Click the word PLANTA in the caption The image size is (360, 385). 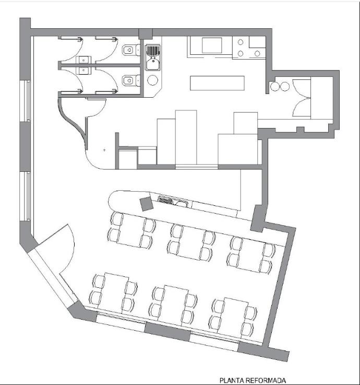pyautogui.click(x=231, y=381)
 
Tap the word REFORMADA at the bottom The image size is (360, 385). pyautogui.click(x=266, y=381)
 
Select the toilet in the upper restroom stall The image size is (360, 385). pyautogui.click(x=131, y=50)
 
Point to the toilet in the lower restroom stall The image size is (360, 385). pyautogui.click(x=131, y=80)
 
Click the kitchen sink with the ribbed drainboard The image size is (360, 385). pyautogui.click(x=152, y=57)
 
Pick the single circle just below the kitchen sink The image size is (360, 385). pyautogui.click(x=152, y=80)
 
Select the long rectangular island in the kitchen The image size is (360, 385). pyautogui.click(x=217, y=83)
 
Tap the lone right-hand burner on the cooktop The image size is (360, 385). pyautogui.click(x=257, y=53)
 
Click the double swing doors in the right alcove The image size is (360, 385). pyautogui.click(x=302, y=98)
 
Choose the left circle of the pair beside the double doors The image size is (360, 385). pyautogui.click(x=275, y=86)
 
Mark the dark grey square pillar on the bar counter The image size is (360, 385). pyautogui.click(x=147, y=204)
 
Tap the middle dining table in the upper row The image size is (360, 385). pyautogui.click(x=192, y=242)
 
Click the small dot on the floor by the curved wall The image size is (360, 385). pyautogui.click(x=104, y=149)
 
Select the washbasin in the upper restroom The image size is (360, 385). pyautogui.click(x=83, y=60)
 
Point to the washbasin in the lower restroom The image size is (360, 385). pyautogui.click(x=83, y=71)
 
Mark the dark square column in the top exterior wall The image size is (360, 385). pyautogui.click(x=146, y=34)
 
